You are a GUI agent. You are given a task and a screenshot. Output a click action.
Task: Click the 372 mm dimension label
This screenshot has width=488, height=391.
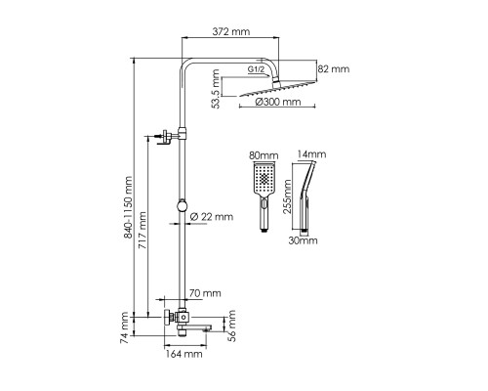(231, 31)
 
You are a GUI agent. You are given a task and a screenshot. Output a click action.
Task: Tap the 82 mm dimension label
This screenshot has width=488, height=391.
(334, 69)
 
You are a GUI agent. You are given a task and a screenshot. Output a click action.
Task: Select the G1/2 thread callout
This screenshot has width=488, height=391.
(256, 69)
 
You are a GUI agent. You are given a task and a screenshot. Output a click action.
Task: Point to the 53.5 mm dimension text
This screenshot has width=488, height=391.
(216, 89)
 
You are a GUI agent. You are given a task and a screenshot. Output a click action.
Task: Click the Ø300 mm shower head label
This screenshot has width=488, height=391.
(278, 102)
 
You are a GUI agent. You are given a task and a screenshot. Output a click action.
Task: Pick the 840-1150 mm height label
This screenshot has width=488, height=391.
(129, 207)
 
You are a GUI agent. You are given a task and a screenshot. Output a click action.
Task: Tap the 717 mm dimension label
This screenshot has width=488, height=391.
(142, 231)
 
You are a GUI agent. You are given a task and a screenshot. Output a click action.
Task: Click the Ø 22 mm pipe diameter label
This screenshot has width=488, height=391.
(212, 217)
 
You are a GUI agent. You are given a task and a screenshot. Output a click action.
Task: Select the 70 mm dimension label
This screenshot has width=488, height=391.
(205, 293)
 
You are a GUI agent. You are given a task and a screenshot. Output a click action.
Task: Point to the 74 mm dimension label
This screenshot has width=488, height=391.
(125, 327)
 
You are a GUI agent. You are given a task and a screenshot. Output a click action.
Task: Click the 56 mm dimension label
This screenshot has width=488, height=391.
(231, 326)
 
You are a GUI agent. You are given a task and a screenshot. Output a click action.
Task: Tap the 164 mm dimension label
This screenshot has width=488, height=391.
(184, 354)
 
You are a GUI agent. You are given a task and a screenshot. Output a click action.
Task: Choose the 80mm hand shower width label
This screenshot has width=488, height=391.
(264, 155)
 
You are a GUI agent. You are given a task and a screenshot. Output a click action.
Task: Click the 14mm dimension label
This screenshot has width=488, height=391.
(311, 154)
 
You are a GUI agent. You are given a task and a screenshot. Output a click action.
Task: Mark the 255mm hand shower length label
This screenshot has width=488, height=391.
(287, 196)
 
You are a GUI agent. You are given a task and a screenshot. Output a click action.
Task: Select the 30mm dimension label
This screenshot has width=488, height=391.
(303, 240)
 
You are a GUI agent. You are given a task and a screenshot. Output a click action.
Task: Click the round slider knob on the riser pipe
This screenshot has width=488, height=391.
(183, 206)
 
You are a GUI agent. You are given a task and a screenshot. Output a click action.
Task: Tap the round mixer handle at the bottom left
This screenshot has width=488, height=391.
(169, 317)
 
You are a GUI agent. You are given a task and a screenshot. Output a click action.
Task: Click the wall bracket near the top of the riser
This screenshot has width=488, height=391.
(168, 137)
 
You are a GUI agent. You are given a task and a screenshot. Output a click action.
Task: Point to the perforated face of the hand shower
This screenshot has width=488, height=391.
(264, 178)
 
